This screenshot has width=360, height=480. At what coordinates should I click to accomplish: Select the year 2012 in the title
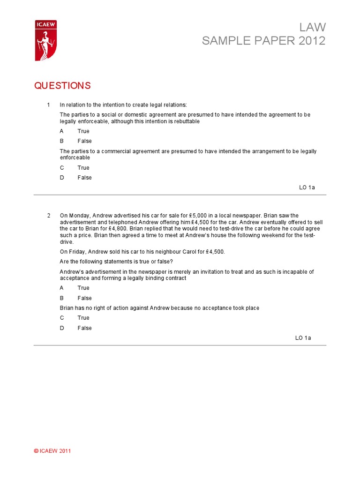tap(311, 41)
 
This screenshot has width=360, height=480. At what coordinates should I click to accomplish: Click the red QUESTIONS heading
tap(62, 86)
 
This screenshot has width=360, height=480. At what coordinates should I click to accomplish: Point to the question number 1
tap(48, 105)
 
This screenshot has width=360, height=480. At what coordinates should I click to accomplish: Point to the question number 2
tap(48, 216)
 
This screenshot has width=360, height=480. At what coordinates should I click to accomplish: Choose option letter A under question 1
tap(61, 131)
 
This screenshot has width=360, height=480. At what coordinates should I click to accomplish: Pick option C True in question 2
tap(83, 318)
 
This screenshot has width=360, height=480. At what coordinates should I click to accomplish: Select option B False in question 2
tap(84, 298)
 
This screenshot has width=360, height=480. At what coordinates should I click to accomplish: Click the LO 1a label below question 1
tap(307, 187)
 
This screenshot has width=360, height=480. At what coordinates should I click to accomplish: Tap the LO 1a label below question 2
tap(303, 337)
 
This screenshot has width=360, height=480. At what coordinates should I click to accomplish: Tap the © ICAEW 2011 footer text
tap(52, 451)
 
